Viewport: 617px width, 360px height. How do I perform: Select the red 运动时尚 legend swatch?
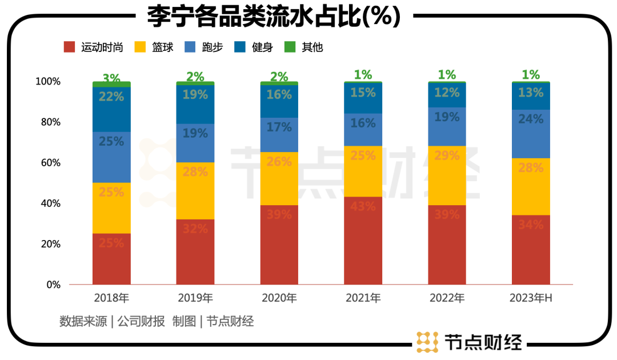(x=69, y=47)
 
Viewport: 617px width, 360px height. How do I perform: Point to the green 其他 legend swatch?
(x=290, y=47)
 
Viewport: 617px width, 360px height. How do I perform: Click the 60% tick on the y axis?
(x=49, y=163)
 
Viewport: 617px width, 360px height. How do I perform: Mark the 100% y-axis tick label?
(x=47, y=82)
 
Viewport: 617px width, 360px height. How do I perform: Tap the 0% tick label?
(x=53, y=285)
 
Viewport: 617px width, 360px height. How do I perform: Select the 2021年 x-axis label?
(x=363, y=298)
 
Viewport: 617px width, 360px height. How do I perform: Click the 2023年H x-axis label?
(x=531, y=298)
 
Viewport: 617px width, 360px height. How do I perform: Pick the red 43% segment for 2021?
(x=363, y=240)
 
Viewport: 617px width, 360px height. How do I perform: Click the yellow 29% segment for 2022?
(x=447, y=175)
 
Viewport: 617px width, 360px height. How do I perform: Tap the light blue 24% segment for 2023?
(x=531, y=134)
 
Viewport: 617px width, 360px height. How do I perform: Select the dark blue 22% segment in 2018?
(x=111, y=109)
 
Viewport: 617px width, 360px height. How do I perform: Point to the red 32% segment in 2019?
(x=195, y=251)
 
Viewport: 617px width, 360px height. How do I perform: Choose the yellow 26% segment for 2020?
(x=279, y=178)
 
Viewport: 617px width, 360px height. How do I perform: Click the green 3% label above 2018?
(x=111, y=78)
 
